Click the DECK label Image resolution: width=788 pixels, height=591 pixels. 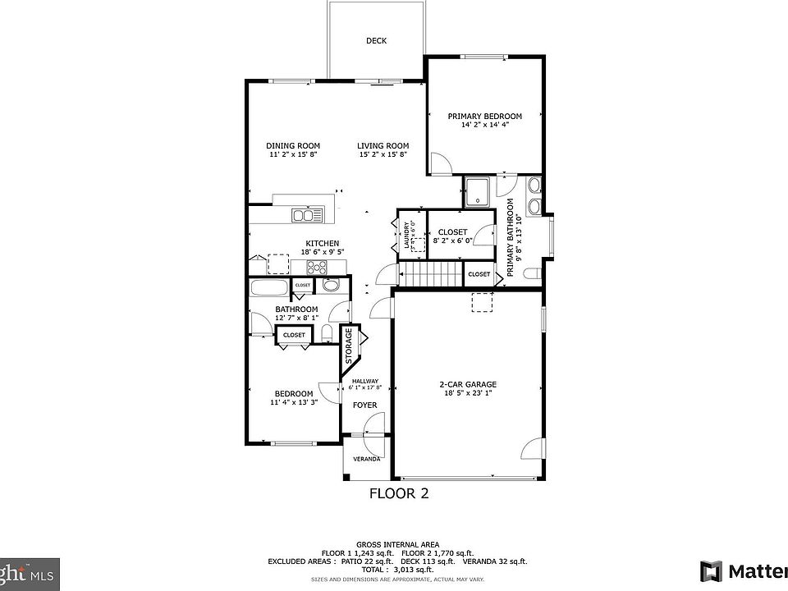377,41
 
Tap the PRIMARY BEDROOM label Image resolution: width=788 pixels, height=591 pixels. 484,117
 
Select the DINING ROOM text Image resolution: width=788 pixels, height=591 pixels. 293,146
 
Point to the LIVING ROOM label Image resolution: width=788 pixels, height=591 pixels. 383,146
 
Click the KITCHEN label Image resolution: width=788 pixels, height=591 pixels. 323,244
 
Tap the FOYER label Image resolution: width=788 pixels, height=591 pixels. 365,405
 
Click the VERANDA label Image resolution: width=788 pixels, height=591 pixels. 366,459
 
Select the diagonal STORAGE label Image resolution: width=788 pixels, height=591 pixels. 349,346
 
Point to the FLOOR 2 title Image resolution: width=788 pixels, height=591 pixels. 399,493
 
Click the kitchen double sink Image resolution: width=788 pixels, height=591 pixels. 308,216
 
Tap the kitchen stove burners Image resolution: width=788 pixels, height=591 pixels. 317,267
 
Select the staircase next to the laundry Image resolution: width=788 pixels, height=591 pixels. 430,273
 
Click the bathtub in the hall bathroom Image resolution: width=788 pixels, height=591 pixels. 268,288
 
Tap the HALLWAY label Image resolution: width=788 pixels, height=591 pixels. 365,381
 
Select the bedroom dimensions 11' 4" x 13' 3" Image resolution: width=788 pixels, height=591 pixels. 293,402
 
